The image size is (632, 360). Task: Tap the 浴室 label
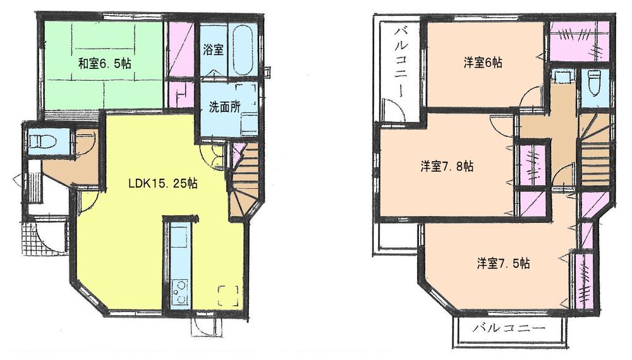(x=213, y=51)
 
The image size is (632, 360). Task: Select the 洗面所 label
(x=225, y=107)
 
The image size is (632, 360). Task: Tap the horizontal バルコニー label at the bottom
(x=508, y=329)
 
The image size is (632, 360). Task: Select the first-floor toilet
(x=44, y=140)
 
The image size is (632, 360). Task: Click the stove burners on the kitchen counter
(x=179, y=292)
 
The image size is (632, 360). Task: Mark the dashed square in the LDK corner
(x=228, y=296)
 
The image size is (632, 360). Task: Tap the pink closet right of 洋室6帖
(x=580, y=42)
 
